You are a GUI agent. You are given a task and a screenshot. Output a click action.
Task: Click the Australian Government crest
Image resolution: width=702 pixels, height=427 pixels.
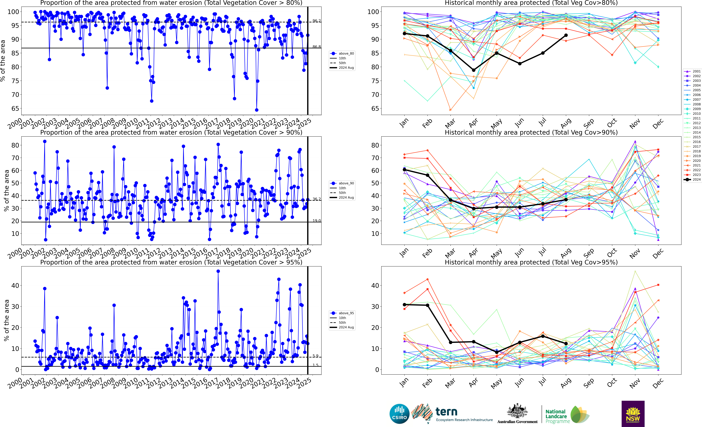click(x=517, y=411)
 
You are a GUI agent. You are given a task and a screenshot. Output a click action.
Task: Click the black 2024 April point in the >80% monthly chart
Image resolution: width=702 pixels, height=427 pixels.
click(x=473, y=70)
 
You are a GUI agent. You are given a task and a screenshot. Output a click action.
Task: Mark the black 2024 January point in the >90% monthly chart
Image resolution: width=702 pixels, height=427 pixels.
click(x=405, y=170)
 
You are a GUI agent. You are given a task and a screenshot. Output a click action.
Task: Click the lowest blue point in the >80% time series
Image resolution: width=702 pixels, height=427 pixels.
click(x=257, y=110)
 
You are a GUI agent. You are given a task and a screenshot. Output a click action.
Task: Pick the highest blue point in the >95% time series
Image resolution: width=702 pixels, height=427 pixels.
click(x=218, y=271)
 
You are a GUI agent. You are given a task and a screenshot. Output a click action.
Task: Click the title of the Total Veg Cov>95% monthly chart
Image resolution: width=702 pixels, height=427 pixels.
click(x=531, y=262)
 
